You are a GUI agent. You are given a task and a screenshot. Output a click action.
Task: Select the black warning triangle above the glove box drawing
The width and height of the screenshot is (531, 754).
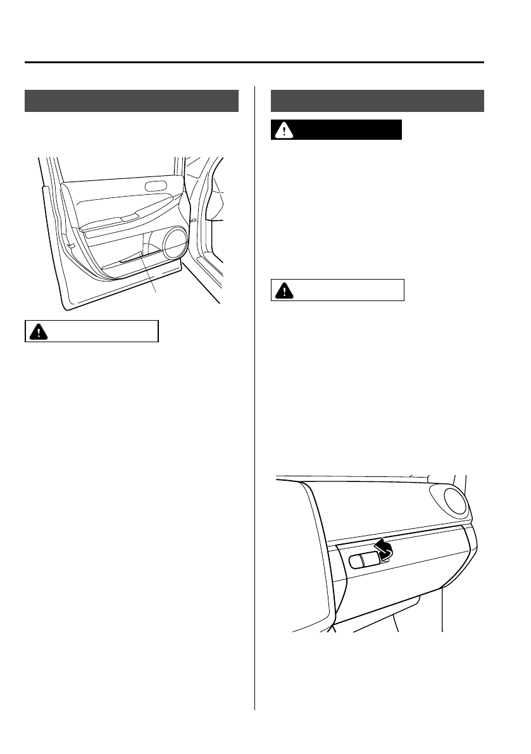coord(283,291)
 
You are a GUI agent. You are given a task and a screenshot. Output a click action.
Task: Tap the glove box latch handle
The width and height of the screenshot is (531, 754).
coord(365,559)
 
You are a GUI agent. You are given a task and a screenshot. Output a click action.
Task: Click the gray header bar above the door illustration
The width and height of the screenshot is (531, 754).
coord(132,101)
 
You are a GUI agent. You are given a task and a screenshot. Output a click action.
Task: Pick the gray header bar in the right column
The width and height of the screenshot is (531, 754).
coord(378,101)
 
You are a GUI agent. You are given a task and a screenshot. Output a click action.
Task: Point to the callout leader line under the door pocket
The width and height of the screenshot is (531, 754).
coord(150,272)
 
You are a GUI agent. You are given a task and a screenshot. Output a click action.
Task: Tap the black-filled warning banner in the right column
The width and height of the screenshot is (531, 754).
coord(337,130)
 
